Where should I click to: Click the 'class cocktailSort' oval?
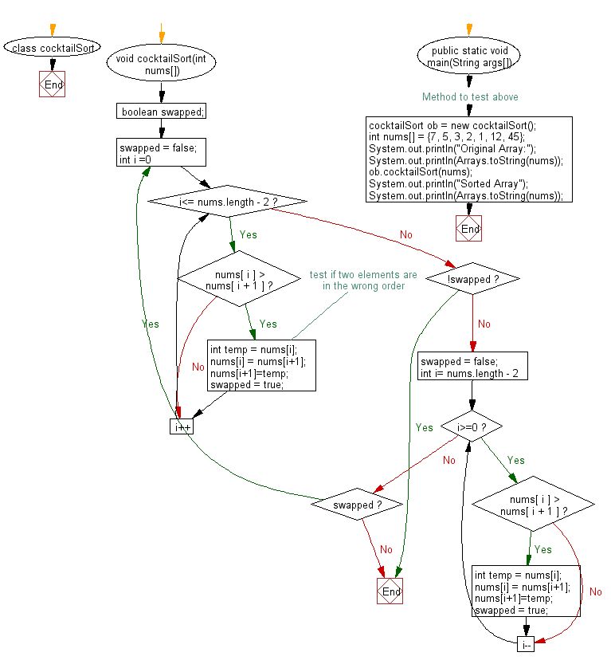(53, 48)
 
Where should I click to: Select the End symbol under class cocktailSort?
(53, 84)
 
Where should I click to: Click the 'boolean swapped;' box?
(162, 112)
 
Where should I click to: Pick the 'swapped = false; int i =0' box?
(162, 153)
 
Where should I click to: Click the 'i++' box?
(182, 426)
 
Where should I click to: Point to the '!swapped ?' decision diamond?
(472, 279)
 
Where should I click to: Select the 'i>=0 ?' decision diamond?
(472, 427)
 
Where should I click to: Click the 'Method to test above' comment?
(470, 96)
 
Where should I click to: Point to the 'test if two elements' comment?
(363, 280)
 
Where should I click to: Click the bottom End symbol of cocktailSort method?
(390, 591)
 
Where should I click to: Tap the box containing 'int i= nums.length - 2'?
(472, 367)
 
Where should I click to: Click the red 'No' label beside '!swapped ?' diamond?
(484, 324)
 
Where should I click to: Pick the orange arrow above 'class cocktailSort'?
(53, 31)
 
